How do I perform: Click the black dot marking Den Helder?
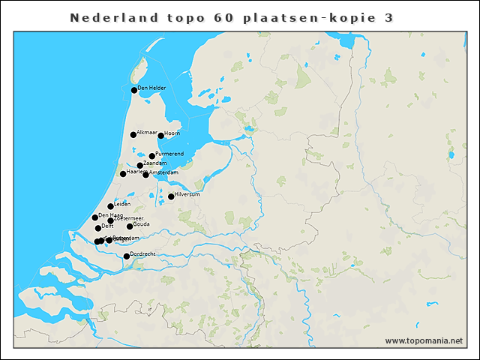[134, 90]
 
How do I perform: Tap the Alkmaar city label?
[147, 132]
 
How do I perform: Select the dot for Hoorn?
[160, 136]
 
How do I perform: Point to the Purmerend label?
[169, 154]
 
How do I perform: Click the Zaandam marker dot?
[140, 166]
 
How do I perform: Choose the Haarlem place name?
[136, 171]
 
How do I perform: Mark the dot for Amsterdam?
[146, 175]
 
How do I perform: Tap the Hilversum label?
[187, 194]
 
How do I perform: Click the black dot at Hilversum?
[171, 196]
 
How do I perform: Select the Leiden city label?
[122, 203]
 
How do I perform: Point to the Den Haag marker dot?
[95, 217]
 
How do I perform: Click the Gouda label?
[142, 223]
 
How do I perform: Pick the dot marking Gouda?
[130, 226]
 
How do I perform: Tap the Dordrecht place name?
[143, 254]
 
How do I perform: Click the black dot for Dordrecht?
[127, 256]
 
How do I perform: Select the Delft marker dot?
[98, 228]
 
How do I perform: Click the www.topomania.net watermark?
[424, 340]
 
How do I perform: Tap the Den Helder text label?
[151, 88]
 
